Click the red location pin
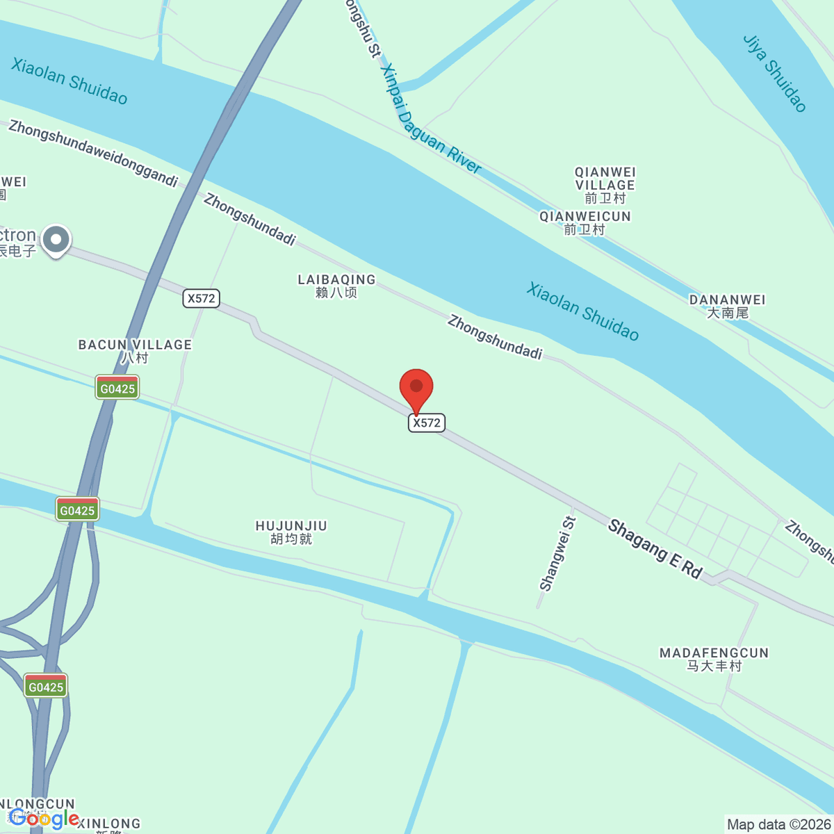point(416,387)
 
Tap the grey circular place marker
point(56,240)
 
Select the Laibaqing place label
point(336,286)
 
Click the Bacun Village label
point(135,351)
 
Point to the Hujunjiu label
point(291,532)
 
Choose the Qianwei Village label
point(605,185)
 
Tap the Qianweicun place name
point(584,223)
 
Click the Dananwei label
point(727,306)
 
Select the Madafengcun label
point(714,659)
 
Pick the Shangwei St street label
point(557,554)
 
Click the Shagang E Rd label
point(655,549)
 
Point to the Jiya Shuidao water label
point(775,73)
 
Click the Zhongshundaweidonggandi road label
point(93,154)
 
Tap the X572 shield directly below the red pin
point(426,423)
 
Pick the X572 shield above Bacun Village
point(201,298)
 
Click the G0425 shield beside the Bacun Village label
point(117,388)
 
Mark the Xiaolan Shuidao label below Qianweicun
point(582,311)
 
